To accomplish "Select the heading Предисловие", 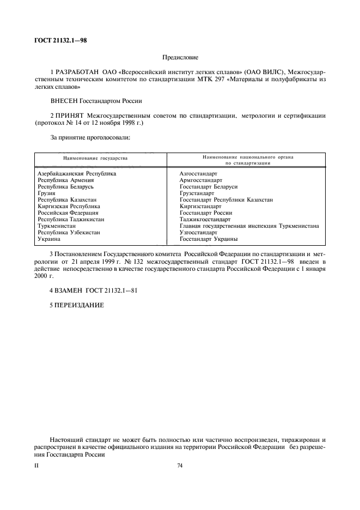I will pyautogui.click(x=180, y=57).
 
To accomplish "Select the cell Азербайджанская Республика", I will pyautogui.click(x=77, y=173).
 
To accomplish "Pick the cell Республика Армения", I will pyautogui.click(x=65, y=180).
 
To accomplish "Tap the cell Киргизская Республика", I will pyautogui.click(x=69, y=206).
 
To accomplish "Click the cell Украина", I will pyautogui.click(x=48, y=239).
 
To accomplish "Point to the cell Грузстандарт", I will pyautogui.click(x=197, y=193).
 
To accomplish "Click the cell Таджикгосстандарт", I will pyautogui.click(x=204, y=219).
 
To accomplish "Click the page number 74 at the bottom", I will pyautogui.click(x=180, y=465).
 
